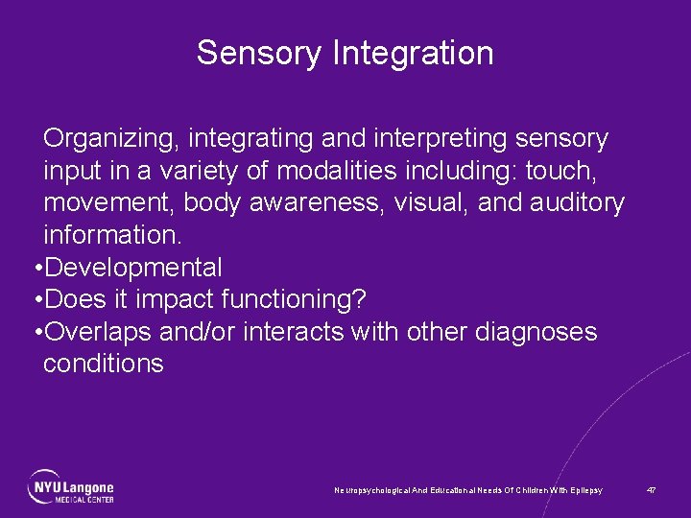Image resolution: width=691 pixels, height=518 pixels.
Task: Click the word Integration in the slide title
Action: [413, 54]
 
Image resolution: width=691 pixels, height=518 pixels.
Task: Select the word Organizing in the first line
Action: [110, 140]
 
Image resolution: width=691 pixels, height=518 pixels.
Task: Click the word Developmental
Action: [133, 269]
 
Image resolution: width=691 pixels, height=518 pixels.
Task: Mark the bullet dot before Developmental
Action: [37, 269]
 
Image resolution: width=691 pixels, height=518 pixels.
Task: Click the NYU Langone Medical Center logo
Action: [71, 486]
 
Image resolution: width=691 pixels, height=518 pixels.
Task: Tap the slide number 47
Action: [652, 490]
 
